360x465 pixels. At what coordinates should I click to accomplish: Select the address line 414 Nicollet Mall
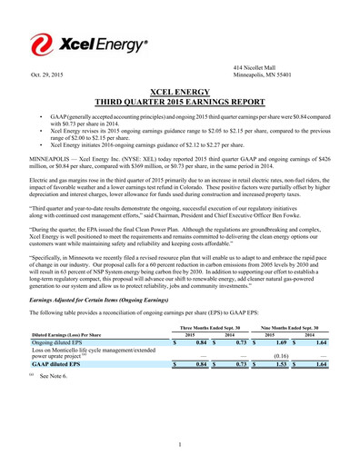click(x=257, y=66)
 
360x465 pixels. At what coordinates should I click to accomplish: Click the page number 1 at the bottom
click(x=182, y=443)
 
